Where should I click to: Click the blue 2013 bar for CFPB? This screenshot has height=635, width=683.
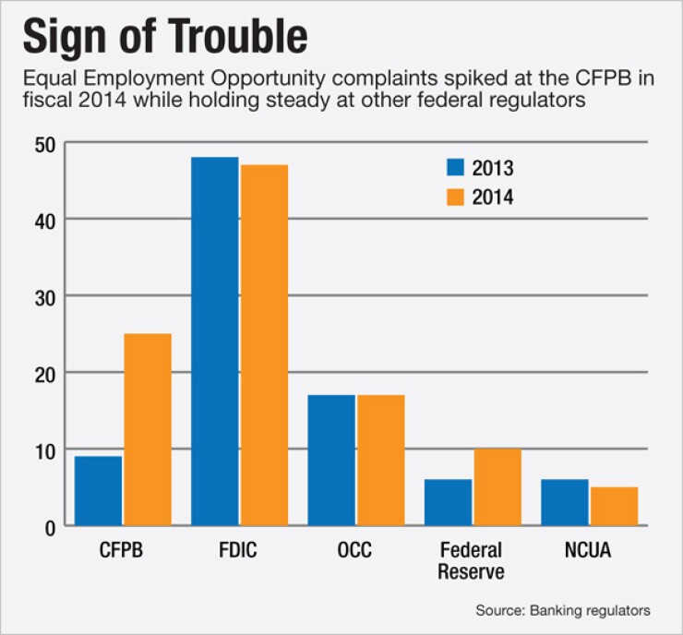(98, 491)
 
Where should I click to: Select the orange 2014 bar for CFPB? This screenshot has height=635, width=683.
(147, 429)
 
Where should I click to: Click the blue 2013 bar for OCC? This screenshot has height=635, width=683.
(331, 460)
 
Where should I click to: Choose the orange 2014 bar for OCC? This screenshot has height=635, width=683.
(380, 460)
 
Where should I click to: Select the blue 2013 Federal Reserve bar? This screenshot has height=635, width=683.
(448, 502)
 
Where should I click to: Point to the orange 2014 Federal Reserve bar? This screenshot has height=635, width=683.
(497, 487)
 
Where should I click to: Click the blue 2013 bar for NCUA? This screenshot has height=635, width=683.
(564, 502)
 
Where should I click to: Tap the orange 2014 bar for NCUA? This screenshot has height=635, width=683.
(613, 506)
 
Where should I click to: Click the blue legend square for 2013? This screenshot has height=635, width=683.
(454, 168)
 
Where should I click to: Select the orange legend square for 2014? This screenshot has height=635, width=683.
(454, 197)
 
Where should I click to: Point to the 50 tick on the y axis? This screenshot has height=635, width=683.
(47, 144)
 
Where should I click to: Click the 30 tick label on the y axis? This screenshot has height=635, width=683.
(47, 296)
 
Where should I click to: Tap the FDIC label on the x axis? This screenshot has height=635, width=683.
(239, 551)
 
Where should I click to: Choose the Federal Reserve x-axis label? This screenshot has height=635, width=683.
(472, 560)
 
